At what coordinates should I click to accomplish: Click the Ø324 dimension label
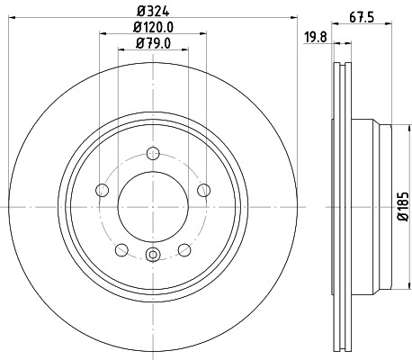(x=153, y=12)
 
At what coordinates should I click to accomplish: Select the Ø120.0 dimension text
(x=153, y=27)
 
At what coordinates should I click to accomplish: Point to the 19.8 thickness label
(x=315, y=37)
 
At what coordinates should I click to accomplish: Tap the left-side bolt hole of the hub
(x=102, y=190)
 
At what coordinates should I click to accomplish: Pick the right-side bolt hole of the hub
(x=204, y=190)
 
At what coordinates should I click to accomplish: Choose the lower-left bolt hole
(x=121, y=249)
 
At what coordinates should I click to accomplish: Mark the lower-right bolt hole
(x=184, y=249)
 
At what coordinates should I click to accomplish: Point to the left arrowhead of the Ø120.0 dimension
(x=99, y=36)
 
